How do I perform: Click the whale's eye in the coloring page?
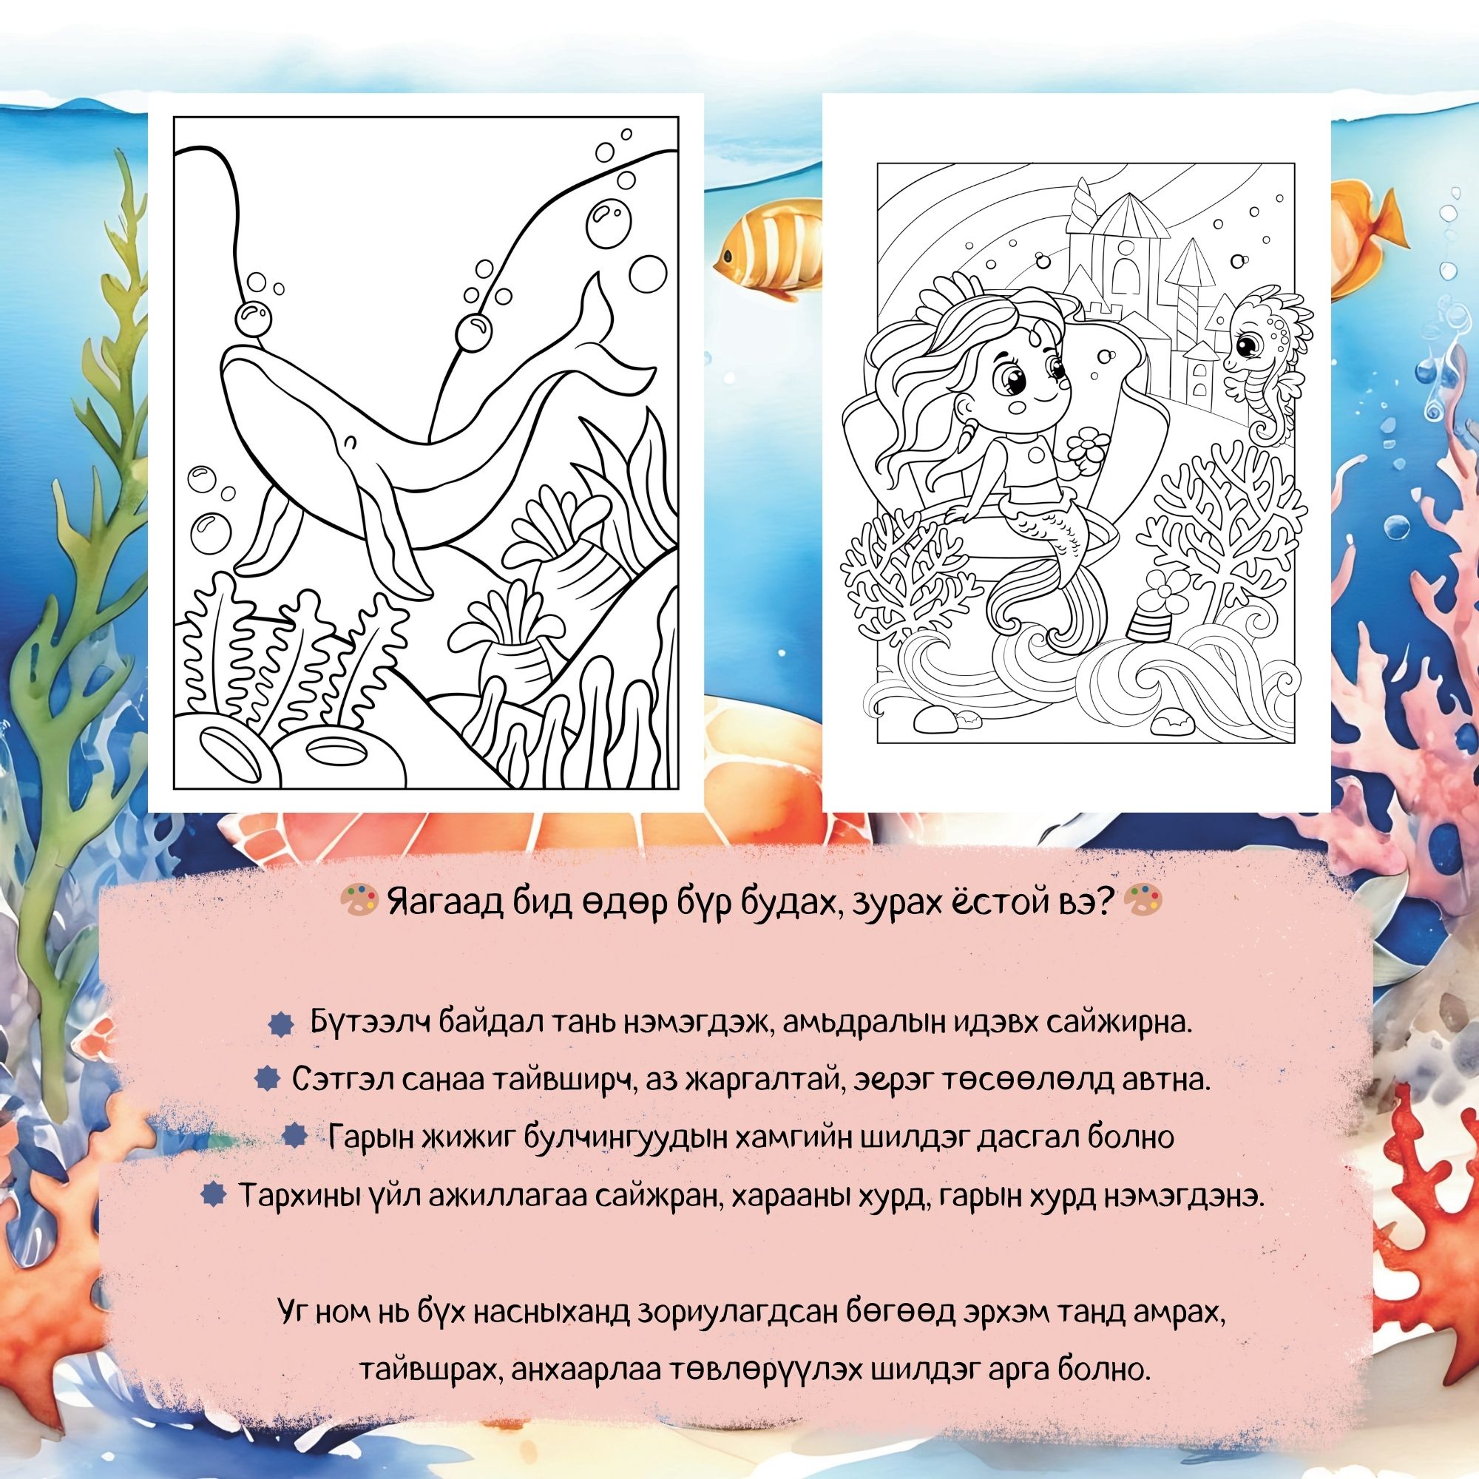pyautogui.click(x=350, y=441)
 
